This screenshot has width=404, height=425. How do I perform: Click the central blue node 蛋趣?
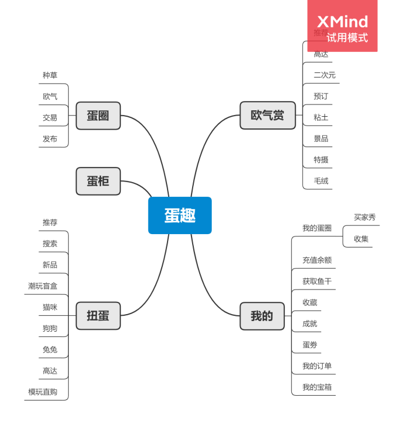coord(180,215)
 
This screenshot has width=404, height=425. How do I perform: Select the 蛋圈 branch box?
coord(98,116)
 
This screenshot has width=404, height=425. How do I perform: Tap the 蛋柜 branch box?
coord(98,181)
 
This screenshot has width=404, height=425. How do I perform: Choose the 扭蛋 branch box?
coord(98,316)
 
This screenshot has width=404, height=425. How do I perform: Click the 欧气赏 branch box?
coord(267,116)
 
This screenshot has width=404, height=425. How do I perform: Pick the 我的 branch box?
coord(262,316)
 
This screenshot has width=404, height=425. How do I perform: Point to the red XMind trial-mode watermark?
coord(343,26)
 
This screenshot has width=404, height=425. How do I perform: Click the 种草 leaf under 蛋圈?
coord(50,75)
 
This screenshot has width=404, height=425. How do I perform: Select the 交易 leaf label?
coord(50,117)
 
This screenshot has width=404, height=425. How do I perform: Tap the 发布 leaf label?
coord(50,139)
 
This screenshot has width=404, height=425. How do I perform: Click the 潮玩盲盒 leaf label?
coord(43,286)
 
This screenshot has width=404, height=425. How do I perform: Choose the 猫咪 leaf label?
coord(50,307)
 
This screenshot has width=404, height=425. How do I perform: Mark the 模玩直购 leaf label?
coord(43,392)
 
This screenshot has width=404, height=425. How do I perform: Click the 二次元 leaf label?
coord(325,75)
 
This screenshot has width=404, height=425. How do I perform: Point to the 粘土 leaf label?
coord(321,117)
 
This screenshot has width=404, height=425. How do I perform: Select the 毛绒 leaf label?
coord(321,181)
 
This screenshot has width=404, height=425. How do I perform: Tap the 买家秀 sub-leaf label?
coord(365,217)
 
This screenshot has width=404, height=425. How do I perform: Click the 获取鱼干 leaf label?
coord(317,281)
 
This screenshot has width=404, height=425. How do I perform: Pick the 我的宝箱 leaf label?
coord(317,387)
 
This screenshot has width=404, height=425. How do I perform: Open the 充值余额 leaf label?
coord(317,260)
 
